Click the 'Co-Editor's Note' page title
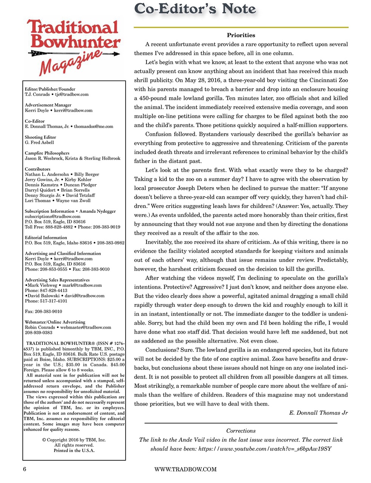[x=195, y=9]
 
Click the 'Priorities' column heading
[x=241, y=35]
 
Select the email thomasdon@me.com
[x=94, y=126]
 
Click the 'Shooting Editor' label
[x=40, y=137]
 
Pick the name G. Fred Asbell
[x=39, y=142]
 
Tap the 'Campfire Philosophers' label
[x=47, y=153]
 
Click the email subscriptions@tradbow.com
[x=52, y=217]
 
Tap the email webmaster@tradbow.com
[x=86, y=327]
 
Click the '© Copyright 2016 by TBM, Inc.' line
[x=74, y=440]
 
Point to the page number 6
[x=25, y=469]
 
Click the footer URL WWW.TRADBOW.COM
[x=186, y=469]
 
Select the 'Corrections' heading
[x=241, y=431]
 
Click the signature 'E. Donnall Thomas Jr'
[x=318, y=412]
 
